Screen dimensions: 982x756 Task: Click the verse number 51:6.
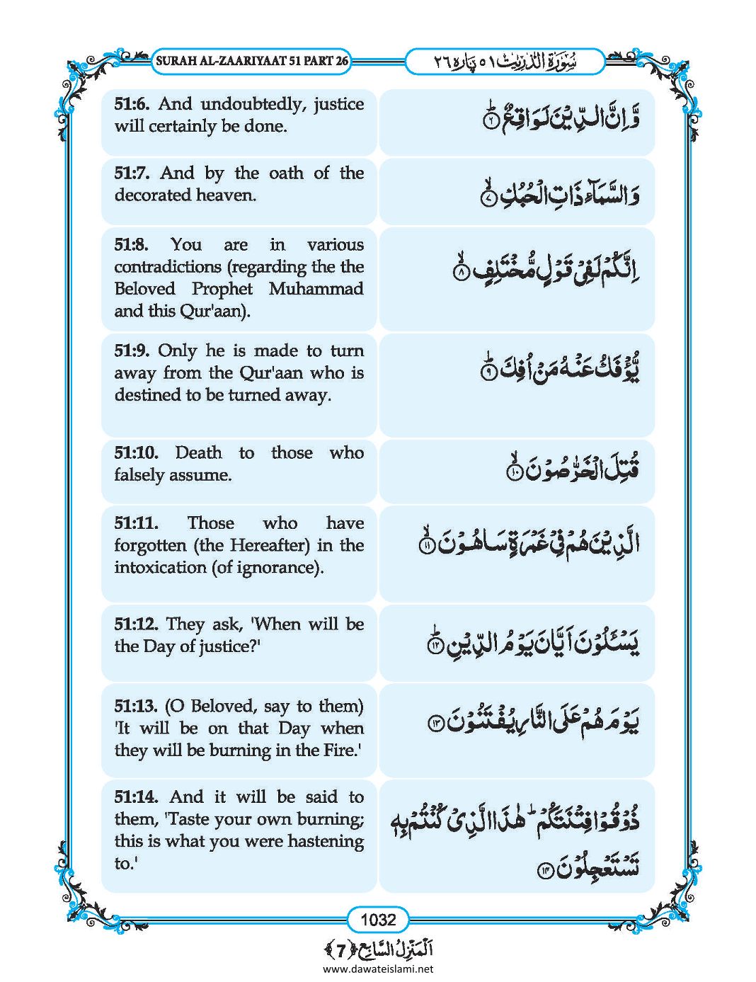pyautogui.click(x=132, y=104)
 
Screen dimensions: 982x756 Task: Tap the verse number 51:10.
pyautogui.click(x=136, y=453)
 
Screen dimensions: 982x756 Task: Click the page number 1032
pyautogui.click(x=378, y=920)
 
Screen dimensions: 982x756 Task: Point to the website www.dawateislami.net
pyautogui.click(x=378, y=969)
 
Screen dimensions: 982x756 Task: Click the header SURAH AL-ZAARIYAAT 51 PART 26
pyautogui.click(x=251, y=62)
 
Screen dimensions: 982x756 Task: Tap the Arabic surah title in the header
pyautogui.click(x=505, y=62)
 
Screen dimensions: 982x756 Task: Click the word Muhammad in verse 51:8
pyautogui.click(x=316, y=289)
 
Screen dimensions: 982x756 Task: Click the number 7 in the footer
pyautogui.click(x=341, y=949)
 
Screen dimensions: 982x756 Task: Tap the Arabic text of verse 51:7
pyautogui.click(x=559, y=193)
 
